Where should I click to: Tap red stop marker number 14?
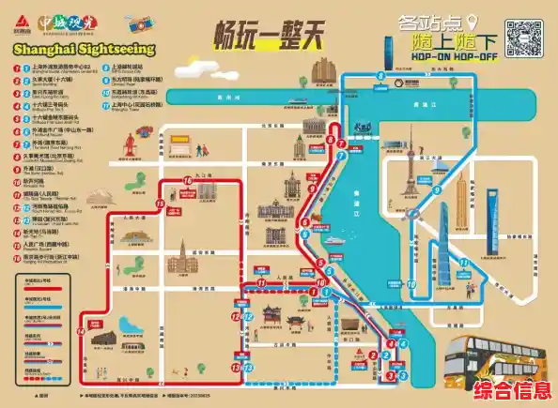pyautogui.click(x=81, y=331)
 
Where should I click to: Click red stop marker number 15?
pyautogui.click(x=160, y=204)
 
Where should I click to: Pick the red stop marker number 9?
pyautogui.click(x=332, y=142)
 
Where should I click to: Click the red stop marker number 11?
pyautogui.click(x=260, y=282)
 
